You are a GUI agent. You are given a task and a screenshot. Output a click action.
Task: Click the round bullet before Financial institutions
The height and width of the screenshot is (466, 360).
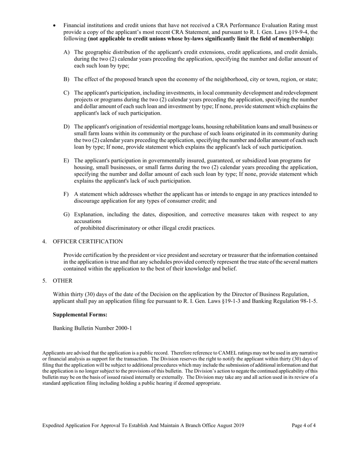55,26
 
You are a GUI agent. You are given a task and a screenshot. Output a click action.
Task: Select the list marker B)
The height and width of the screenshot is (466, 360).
66,79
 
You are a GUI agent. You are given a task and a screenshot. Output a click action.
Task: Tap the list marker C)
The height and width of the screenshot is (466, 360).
66,93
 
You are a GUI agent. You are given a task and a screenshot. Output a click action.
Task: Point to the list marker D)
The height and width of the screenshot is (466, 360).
66,127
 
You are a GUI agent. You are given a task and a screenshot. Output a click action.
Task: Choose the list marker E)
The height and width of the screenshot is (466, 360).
66,161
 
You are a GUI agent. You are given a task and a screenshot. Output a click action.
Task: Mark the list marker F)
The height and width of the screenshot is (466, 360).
66,194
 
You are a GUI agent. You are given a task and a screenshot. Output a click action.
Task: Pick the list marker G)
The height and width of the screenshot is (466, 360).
66,214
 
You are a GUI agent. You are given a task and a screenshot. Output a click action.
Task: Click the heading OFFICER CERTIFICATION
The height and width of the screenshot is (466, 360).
88,242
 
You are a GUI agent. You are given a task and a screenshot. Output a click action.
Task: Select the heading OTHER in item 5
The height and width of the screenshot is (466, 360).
63,281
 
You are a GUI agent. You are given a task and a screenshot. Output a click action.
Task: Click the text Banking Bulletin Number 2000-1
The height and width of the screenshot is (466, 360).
92,328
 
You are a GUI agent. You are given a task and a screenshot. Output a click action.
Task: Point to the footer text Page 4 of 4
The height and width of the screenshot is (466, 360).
304,425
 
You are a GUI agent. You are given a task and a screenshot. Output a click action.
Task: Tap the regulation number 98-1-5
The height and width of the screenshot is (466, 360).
308,301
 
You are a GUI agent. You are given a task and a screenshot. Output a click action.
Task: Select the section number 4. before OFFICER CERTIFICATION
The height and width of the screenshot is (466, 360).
45,242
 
